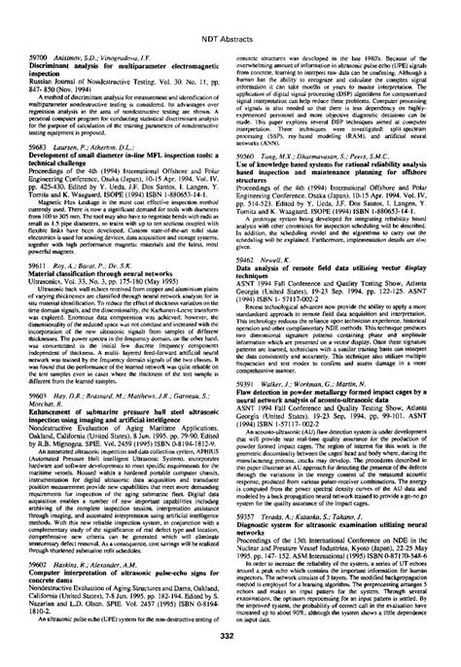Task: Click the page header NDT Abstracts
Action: click(230, 14)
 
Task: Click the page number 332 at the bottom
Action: click(230, 649)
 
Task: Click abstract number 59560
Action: click(250, 181)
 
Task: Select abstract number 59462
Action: click(250, 289)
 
